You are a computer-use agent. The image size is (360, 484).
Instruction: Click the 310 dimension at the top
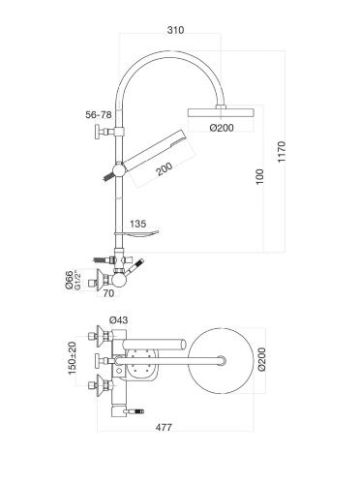click(x=175, y=30)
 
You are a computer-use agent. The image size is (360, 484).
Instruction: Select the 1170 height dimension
click(x=282, y=152)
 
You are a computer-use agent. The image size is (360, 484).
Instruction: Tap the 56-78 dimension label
click(x=99, y=114)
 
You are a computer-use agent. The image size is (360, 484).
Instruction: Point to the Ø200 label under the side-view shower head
click(x=222, y=128)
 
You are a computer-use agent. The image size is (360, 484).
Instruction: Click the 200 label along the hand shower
click(x=165, y=169)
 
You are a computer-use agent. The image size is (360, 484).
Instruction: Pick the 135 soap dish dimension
click(x=137, y=224)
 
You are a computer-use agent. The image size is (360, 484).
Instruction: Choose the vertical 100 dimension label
click(x=259, y=176)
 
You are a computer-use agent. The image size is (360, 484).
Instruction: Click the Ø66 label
click(x=69, y=280)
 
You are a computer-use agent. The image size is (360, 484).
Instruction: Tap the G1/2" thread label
click(x=77, y=280)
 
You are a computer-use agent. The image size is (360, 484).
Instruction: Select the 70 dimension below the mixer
click(x=108, y=294)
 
